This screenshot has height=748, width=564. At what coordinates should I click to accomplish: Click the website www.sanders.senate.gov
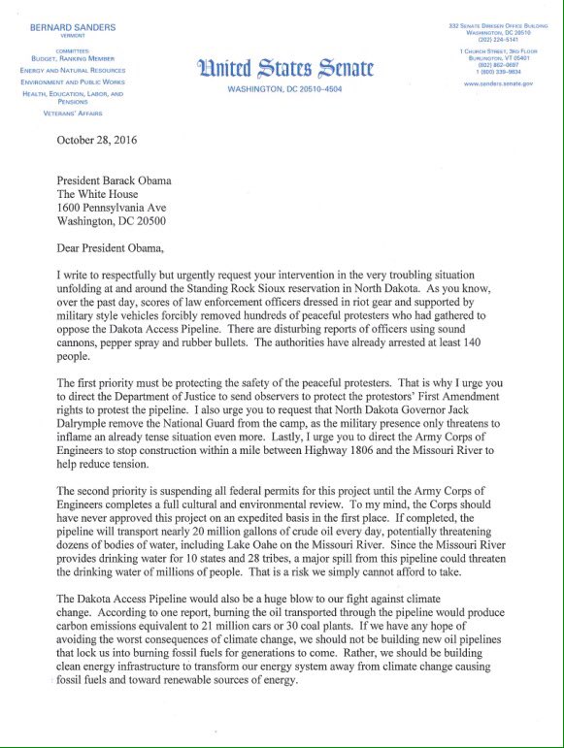[499, 83]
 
